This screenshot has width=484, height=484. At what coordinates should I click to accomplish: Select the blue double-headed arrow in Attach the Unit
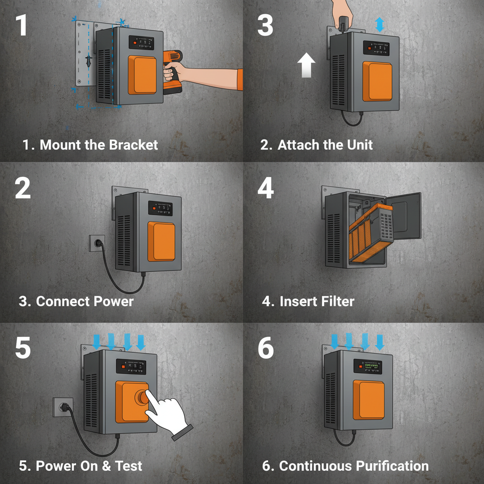[380, 25]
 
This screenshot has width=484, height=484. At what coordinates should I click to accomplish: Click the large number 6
[266, 348]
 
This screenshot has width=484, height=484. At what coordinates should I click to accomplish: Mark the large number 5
[23, 348]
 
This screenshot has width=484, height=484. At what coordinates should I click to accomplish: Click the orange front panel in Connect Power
[161, 241]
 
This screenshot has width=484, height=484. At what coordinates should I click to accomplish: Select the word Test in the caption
[127, 466]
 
